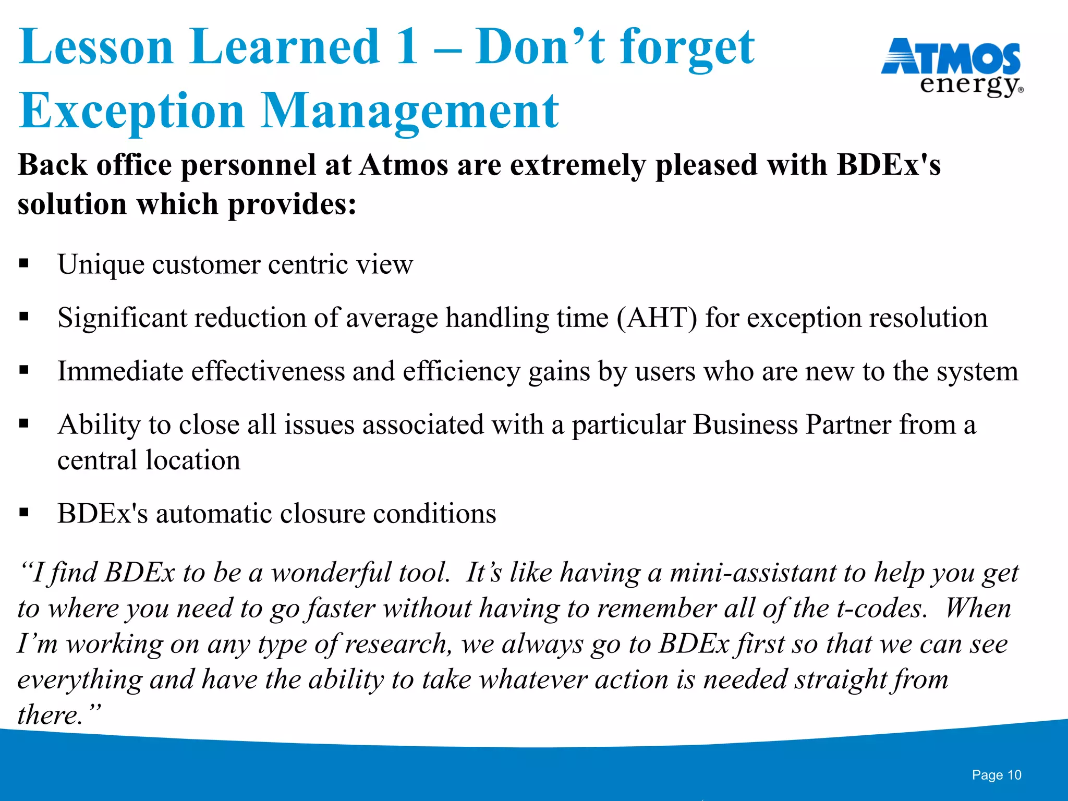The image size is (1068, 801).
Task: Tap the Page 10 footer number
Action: (x=996, y=775)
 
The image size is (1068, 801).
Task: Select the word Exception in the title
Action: (x=131, y=111)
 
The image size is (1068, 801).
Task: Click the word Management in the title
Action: (x=409, y=111)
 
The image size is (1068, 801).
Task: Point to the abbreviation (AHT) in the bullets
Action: (x=657, y=318)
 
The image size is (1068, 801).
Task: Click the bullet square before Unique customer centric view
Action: (x=24, y=263)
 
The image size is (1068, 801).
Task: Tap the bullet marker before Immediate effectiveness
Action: (x=24, y=370)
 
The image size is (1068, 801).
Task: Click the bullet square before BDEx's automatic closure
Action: (x=24, y=513)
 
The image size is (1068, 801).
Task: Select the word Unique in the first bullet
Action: (x=101, y=264)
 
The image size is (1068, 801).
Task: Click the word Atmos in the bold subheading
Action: (x=403, y=165)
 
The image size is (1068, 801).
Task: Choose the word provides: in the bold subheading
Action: (x=293, y=204)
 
